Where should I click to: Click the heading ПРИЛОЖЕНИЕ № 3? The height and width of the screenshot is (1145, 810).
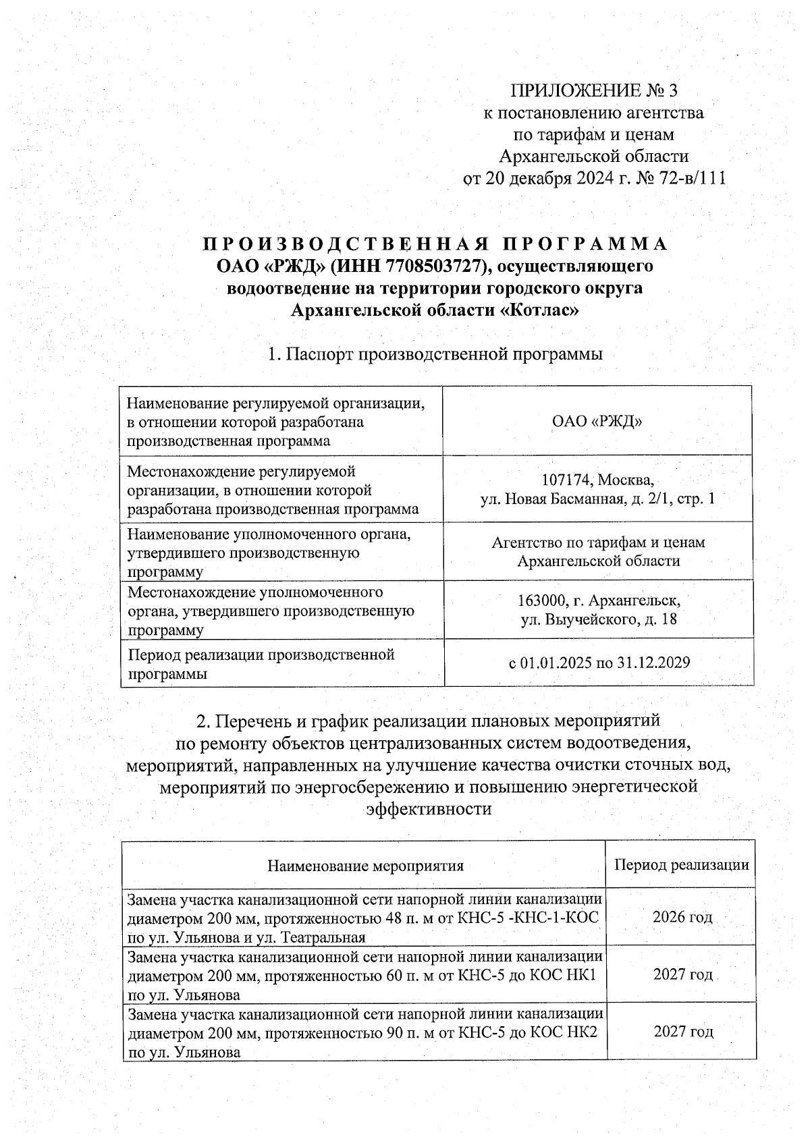tap(593, 90)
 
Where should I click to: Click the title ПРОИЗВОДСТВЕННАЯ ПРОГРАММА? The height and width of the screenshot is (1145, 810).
tap(435, 244)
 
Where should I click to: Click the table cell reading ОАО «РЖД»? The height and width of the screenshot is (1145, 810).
tap(597, 422)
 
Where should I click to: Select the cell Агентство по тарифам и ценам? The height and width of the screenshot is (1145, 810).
tap(598, 542)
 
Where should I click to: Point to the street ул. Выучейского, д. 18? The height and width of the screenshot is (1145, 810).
tap(598, 619)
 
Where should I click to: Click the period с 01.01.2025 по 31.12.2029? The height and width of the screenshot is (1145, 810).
tap(598, 663)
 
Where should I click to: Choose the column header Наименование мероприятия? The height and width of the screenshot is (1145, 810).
tap(365, 866)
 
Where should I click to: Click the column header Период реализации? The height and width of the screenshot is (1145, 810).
tap(681, 865)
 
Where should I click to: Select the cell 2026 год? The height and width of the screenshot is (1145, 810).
tap(682, 917)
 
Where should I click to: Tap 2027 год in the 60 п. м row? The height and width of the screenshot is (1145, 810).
tap(682, 975)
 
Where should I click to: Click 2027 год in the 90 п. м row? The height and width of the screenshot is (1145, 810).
tap(682, 1032)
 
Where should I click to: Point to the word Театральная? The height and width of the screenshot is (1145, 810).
tap(323, 937)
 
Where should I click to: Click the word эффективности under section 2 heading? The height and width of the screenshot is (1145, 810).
tap(428, 808)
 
